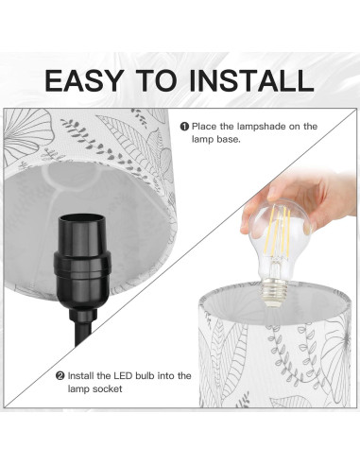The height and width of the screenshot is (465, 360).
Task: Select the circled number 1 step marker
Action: [185, 126]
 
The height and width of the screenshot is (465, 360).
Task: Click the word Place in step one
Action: [205, 126]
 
